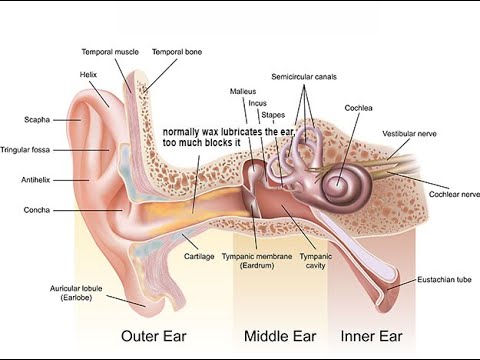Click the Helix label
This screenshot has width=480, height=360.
tap(88, 73)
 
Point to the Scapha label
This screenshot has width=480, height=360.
tap(37, 120)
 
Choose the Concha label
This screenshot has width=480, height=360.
tap(37, 210)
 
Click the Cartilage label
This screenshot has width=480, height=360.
tap(200, 256)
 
